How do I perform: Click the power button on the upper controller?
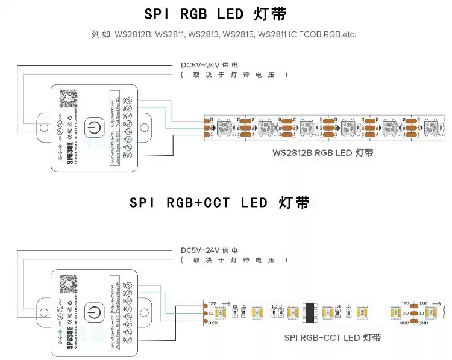(x=93, y=128)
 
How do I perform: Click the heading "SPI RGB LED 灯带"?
(x=216, y=14)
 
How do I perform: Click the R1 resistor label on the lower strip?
(x=235, y=306)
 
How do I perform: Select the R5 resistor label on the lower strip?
(x=349, y=306)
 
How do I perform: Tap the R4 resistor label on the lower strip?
(x=337, y=306)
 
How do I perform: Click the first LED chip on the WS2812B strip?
(x=222, y=127)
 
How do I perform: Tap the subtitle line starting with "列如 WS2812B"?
(x=224, y=34)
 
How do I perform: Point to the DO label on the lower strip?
(x=406, y=314)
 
